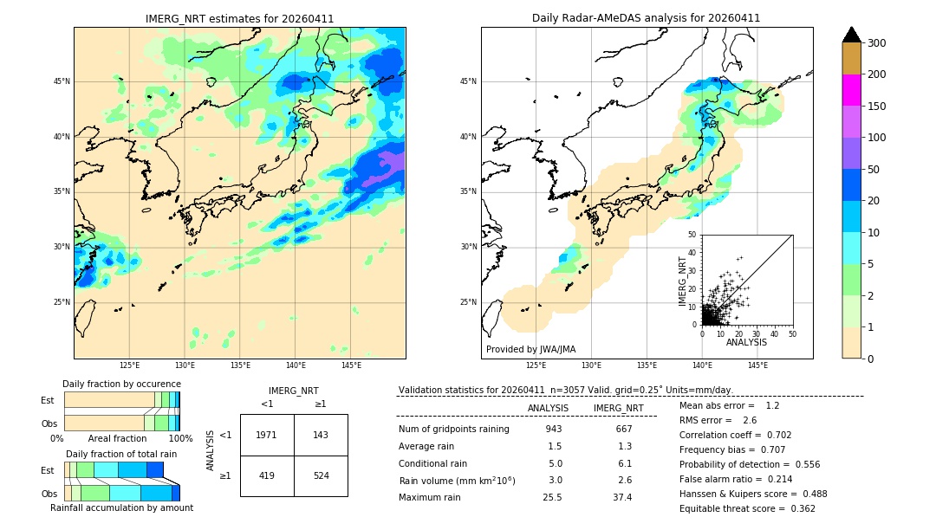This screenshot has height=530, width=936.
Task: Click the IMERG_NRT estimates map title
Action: (x=239, y=18)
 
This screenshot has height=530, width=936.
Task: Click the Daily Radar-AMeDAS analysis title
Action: (x=646, y=18)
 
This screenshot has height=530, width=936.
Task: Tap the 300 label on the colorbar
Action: (x=876, y=42)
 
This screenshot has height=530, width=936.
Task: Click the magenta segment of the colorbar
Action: (x=851, y=90)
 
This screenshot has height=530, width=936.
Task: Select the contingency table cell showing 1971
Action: (x=267, y=435)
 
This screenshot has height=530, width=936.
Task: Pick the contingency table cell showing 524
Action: (x=321, y=475)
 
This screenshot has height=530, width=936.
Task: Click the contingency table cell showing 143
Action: (x=321, y=435)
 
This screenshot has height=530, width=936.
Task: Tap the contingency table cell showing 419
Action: (x=267, y=475)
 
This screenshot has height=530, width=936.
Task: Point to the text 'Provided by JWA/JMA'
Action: (x=530, y=349)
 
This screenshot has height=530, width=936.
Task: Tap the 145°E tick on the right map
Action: (x=757, y=365)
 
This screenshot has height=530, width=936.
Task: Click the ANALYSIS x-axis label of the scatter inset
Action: (x=746, y=342)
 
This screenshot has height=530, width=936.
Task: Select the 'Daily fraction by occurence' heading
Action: (x=121, y=384)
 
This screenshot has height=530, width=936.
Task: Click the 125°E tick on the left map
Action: (x=129, y=365)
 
